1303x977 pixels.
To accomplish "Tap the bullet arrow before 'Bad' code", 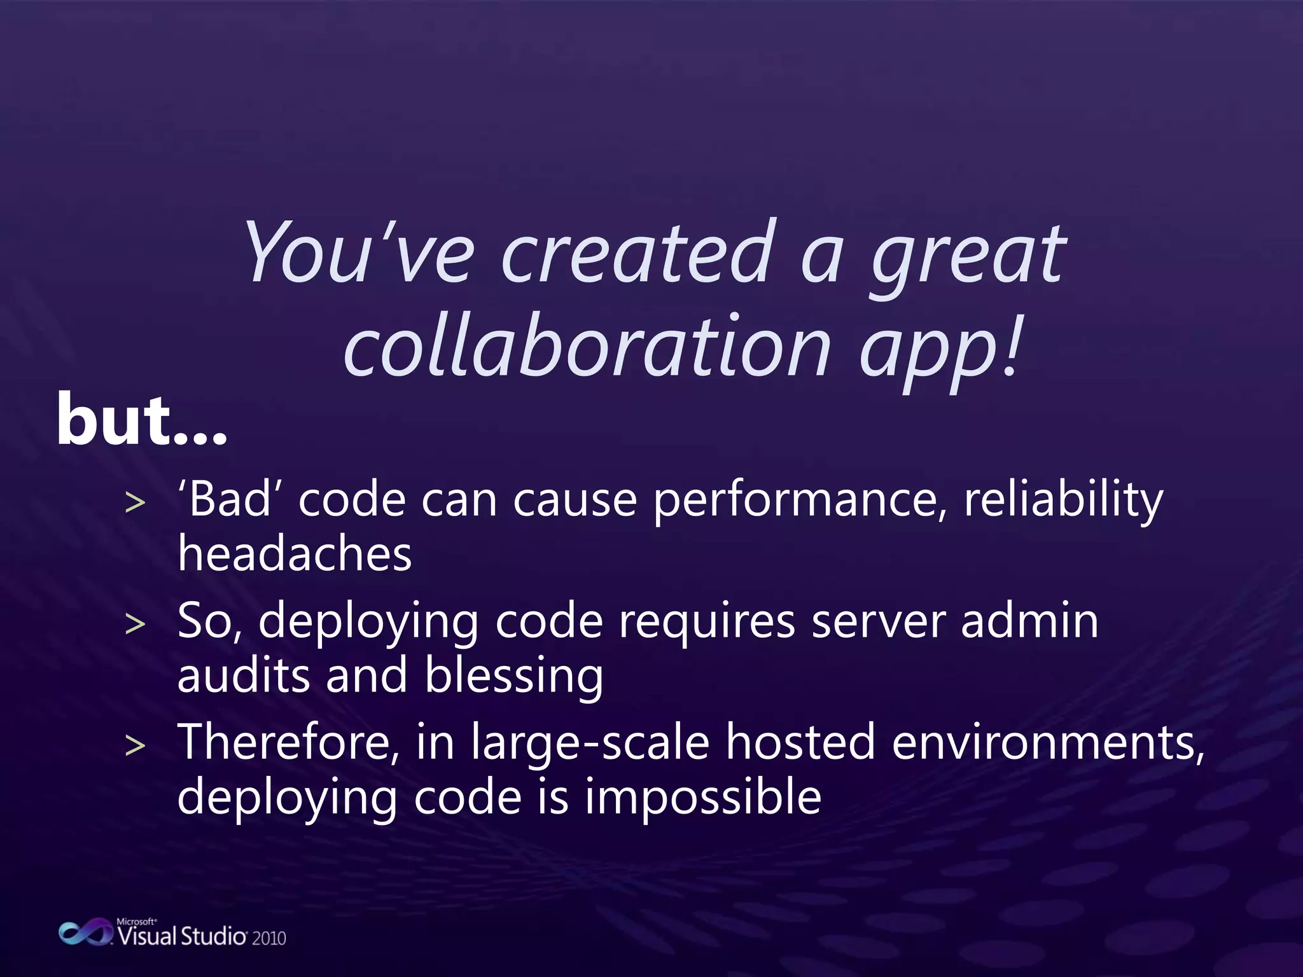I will (135, 503).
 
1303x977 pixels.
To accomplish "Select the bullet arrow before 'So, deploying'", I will (135, 625).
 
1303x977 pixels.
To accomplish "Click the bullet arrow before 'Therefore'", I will (135, 745).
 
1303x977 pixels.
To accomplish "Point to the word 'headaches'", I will (295, 553).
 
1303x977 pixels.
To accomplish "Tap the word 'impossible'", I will (703, 798).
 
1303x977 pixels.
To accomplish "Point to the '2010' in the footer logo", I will (269, 938).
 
